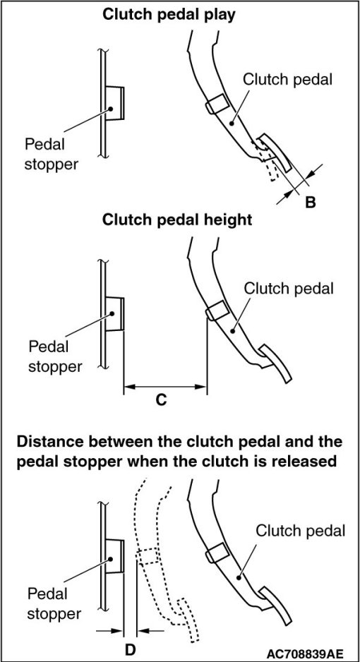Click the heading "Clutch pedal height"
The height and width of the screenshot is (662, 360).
177,220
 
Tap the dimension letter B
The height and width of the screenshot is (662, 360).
310,203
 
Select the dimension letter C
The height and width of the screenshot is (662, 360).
160,399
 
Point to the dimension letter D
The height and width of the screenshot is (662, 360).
130,649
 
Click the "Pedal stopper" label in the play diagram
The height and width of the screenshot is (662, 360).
51,154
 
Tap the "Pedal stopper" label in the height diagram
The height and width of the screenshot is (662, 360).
54,356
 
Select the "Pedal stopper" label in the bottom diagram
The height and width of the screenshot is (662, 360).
54,603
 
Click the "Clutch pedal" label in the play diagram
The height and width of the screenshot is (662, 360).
288,79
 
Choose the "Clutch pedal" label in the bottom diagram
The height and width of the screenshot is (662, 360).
301,530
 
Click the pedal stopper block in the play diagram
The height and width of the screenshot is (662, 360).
114,104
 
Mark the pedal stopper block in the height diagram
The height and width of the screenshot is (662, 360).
114,313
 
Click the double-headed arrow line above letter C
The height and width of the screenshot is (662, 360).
165,386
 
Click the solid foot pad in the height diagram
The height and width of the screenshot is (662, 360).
275,363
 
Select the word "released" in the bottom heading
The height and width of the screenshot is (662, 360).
300,461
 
